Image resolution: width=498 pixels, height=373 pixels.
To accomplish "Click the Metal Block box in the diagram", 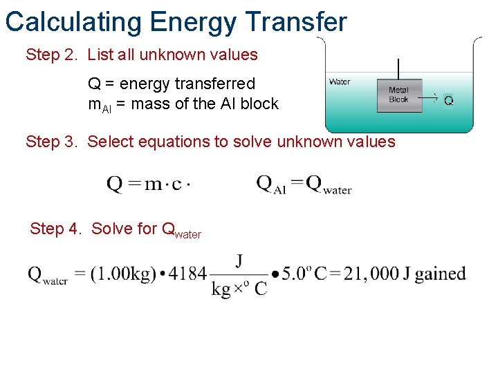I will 398,95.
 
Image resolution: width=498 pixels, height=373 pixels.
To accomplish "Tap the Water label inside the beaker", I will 340,82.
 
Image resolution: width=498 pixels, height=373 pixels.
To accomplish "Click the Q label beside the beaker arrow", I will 448,101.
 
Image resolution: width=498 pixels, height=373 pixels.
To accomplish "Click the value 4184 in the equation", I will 187,274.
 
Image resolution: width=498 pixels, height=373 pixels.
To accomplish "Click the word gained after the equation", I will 440,274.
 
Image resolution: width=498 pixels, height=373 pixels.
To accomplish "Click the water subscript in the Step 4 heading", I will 187,235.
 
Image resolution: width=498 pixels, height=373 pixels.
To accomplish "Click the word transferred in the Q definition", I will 214,84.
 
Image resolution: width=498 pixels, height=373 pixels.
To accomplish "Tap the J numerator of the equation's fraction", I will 239,260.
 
